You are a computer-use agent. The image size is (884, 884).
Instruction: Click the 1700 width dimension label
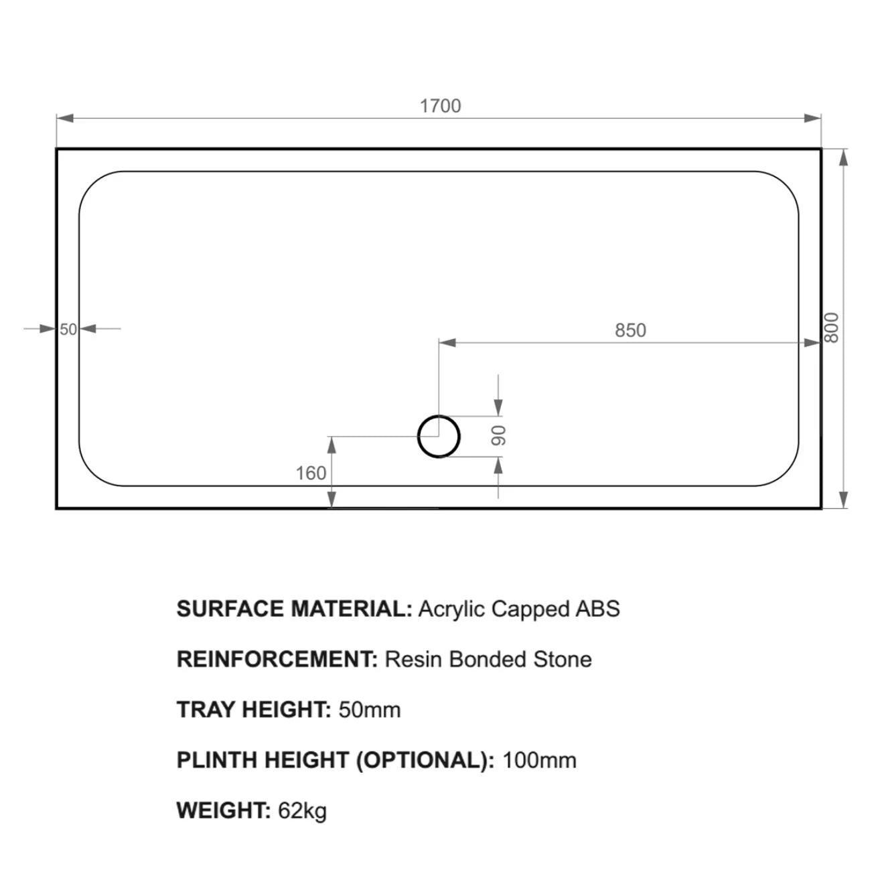440,106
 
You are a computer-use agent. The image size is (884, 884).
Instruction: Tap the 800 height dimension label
831,327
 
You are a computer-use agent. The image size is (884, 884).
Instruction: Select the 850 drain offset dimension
630,330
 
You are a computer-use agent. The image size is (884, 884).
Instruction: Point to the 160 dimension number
311,473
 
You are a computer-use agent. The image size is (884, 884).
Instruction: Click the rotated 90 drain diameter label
498,435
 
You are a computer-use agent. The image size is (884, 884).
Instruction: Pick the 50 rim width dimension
68,329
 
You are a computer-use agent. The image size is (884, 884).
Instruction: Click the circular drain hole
439,417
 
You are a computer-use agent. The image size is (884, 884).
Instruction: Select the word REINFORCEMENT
277,660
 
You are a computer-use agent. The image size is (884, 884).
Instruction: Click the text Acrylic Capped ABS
519,609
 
